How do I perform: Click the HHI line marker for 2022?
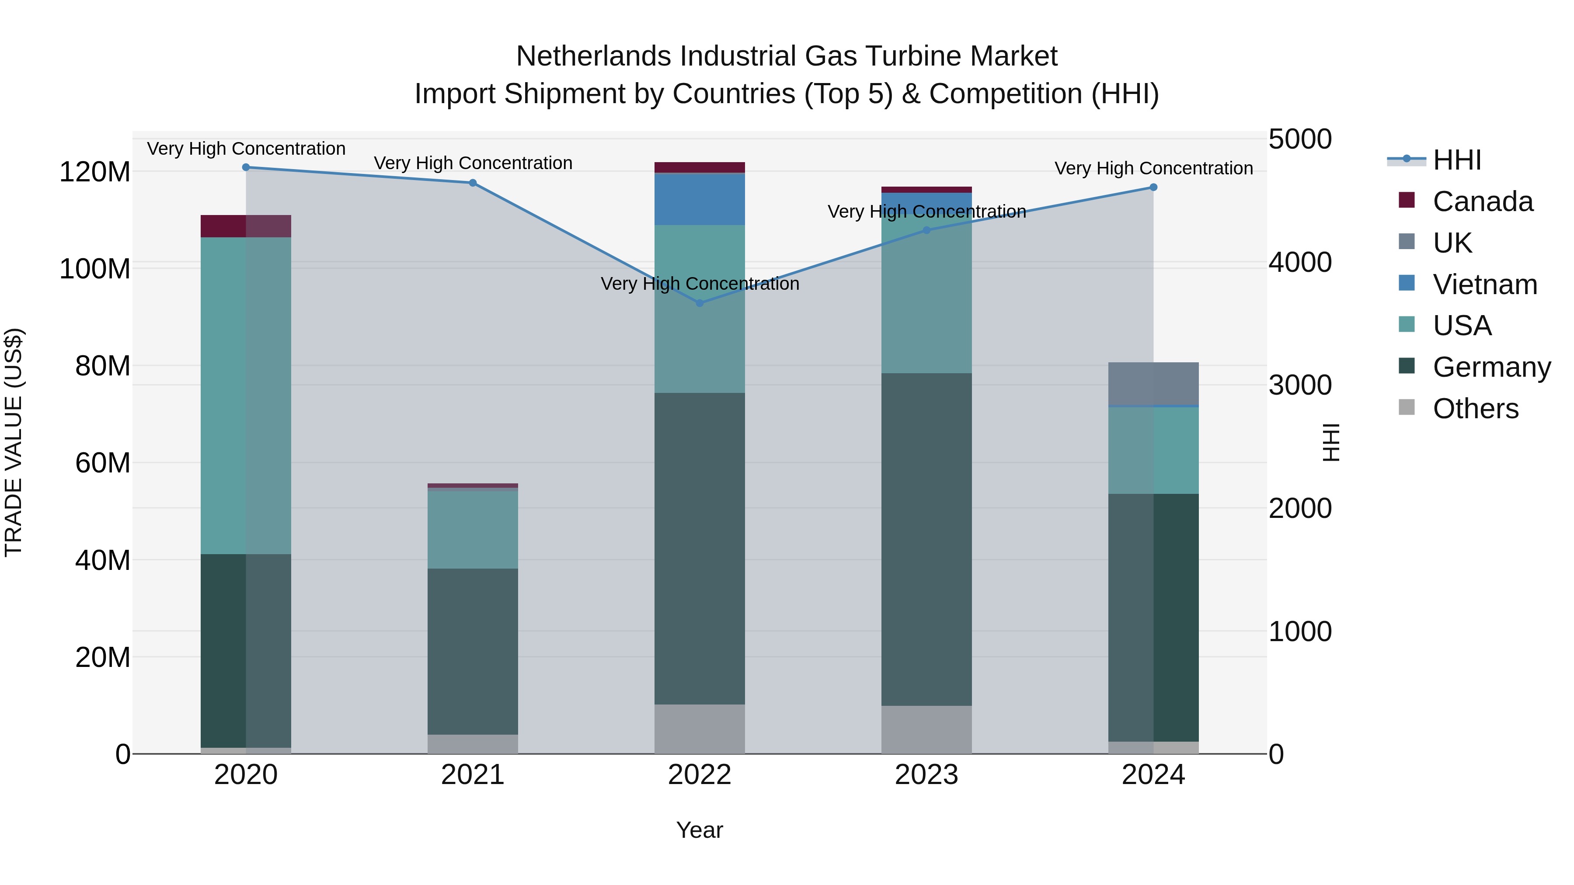(x=700, y=303)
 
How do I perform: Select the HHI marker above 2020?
(x=246, y=167)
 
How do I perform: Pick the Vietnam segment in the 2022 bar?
(x=700, y=199)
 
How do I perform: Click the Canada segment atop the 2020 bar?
(x=246, y=226)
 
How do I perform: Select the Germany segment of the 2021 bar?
(x=472, y=651)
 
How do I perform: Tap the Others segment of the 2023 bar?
(x=926, y=729)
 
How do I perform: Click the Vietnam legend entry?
(x=1484, y=285)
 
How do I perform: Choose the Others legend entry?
(x=1475, y=409)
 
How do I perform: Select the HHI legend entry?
(x=1457, y=160)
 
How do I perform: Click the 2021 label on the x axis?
(x=472, y=775)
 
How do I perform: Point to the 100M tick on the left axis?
(x=95, y=269)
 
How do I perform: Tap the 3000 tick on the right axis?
(x=1300, y=385)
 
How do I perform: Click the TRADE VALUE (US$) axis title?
(x=14, y=442)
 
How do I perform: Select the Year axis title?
(x=700, y=830)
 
